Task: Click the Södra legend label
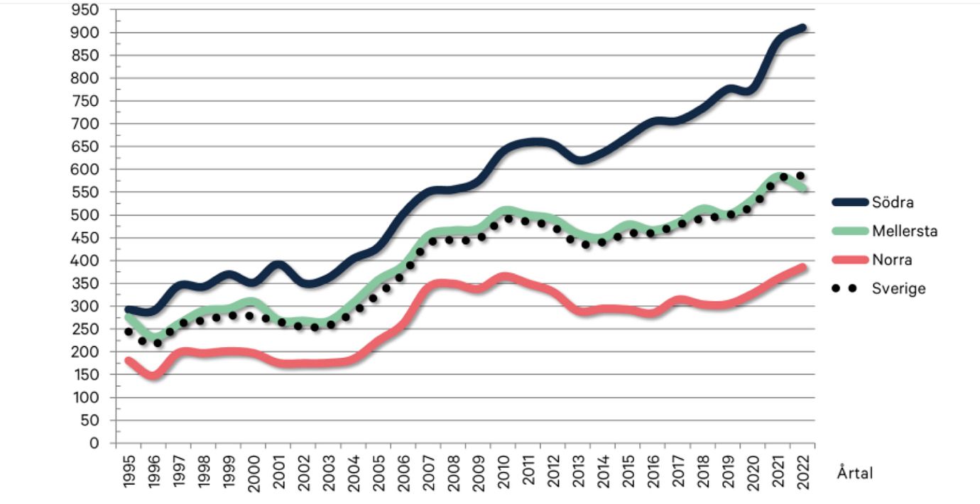point(893,202)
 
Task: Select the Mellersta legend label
point(905,231)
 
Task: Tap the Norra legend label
point(892,260)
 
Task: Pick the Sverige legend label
point(898,288)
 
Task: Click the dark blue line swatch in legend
point(850,202)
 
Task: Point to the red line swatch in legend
point(850,260)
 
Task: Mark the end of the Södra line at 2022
point(802,28)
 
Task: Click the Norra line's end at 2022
point(802,267)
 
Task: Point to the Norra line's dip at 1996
point(153,375)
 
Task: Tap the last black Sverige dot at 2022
point(800,176)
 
